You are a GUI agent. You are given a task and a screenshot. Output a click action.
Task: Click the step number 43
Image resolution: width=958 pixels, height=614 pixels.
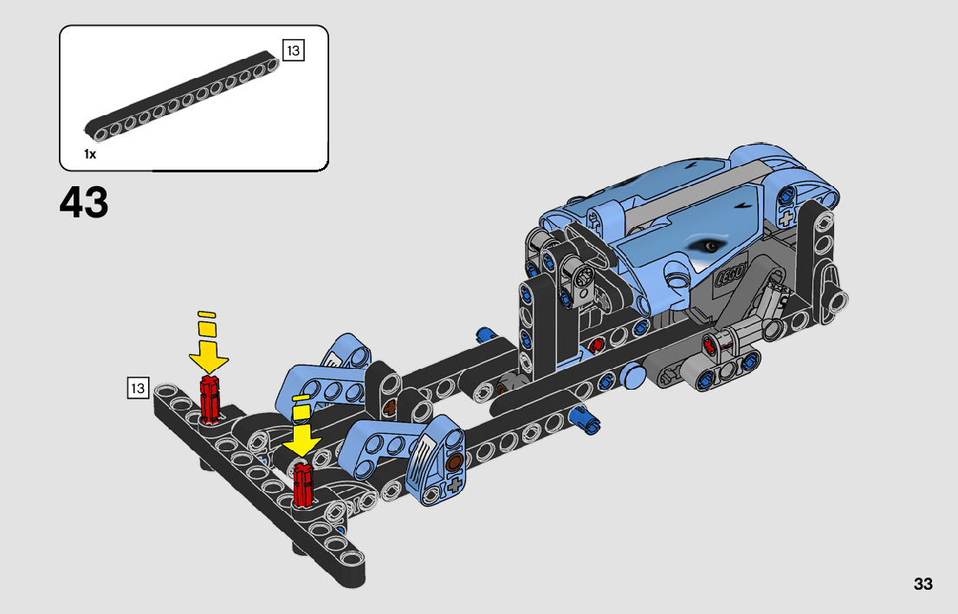point(84,203)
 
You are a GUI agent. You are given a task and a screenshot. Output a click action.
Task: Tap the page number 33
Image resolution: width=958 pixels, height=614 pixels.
point(923,584)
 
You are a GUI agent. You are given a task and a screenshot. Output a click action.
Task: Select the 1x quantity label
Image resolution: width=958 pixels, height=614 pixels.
point(90,154)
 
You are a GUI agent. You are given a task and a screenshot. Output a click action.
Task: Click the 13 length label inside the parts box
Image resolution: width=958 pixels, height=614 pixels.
point(294,51)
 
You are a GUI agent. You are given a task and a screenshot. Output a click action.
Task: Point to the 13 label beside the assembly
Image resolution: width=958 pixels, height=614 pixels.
point(138,388)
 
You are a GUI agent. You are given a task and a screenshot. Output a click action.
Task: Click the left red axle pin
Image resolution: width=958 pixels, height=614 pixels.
point(210,399)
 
